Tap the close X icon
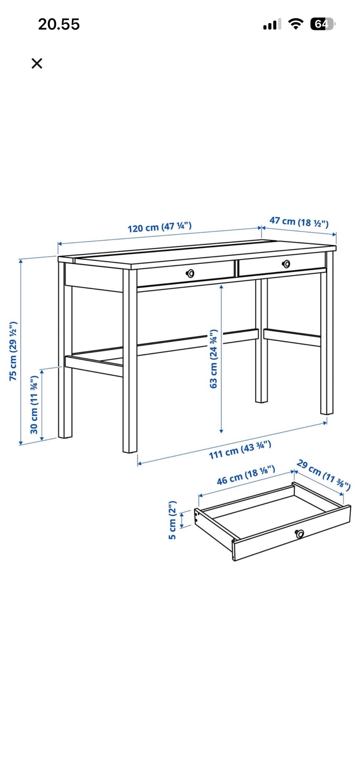click(x=37, y=63)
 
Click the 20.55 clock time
click(x=59, y=24)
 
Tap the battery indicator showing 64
click(x=322, y=24)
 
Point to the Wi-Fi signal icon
click(x=296, y=24)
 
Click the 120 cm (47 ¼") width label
click(x=160, y=227)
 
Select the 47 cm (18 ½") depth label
click(x=299, y=222)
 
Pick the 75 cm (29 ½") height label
click(x=13, y=351)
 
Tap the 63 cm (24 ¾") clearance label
click(x=213, y=359)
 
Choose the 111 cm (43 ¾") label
click(x=240, y=450)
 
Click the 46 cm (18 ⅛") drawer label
click(x=246, y=475)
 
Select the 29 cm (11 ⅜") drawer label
click(x=323, y=475)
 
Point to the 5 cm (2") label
click(x=172, y=520)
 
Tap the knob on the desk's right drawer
click(x=286, y=264)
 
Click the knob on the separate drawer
click(x=299, y=533)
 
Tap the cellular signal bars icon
click(x=272, y=25)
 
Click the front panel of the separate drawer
click(x=292, y=533)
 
